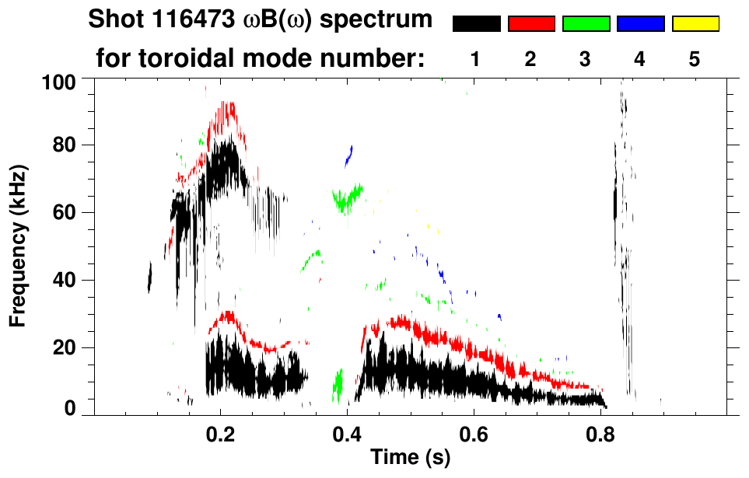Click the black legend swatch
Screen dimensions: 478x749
[x=476, y=24]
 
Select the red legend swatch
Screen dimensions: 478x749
[x=531, y=24]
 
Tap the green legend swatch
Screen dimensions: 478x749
[x=586, y=24]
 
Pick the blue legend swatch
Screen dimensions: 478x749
[x=640, y=24]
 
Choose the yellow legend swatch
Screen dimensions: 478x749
[x=695, y=24]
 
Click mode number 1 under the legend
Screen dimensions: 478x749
[x=476, y=59]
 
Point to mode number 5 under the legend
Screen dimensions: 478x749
[x=695, y=59]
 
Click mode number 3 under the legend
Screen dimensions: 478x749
[x=586, y=59]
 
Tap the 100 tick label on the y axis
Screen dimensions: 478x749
[x=59, y=81]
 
